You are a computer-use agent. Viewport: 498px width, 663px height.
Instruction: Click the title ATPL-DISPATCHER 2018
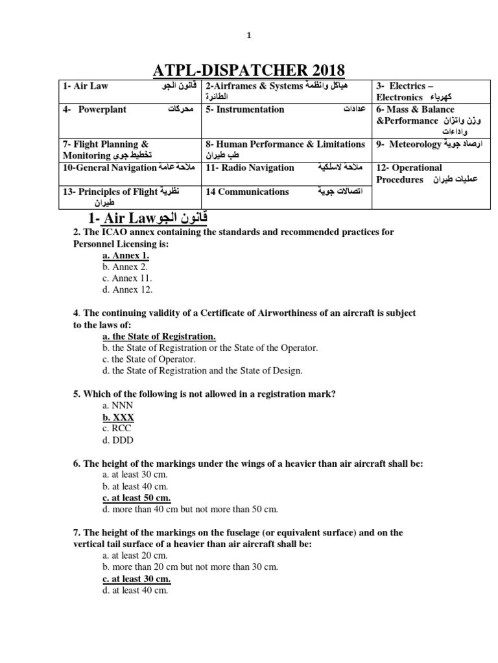248,70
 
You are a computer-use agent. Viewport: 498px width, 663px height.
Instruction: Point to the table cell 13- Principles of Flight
130,197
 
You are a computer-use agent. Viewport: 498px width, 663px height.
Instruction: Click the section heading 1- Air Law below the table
148,217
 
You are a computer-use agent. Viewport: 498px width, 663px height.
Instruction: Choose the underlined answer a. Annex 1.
126,256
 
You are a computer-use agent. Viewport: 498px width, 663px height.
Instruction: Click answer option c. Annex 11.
127,278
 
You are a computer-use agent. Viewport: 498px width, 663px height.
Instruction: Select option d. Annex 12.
128,289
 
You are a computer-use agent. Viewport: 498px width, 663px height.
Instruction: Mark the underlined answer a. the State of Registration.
159,337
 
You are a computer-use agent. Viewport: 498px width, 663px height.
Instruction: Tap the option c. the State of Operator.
148,359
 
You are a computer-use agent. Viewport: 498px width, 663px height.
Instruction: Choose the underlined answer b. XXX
118,418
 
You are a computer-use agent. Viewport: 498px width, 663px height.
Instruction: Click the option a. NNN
117,406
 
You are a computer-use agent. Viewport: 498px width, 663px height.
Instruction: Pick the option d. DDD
117,440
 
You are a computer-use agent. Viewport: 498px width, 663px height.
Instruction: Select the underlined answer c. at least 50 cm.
136,498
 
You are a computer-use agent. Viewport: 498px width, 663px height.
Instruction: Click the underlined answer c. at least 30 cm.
136,579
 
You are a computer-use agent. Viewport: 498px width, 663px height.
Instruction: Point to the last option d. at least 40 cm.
135,590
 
